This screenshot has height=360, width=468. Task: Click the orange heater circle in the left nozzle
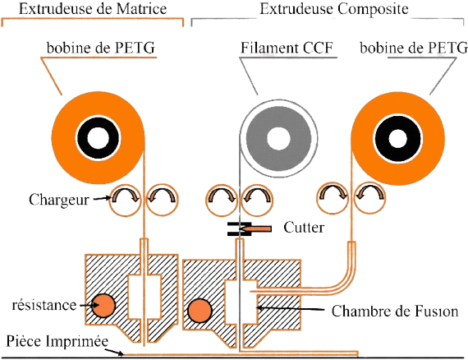tap(103, 307)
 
